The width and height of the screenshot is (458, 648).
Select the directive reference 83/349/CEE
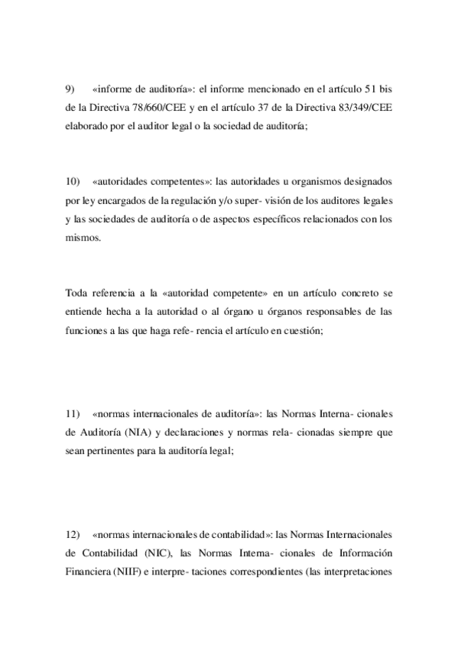[364, 108]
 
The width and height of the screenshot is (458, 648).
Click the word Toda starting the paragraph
[77, 293]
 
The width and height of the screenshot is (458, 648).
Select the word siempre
[351, 433]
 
